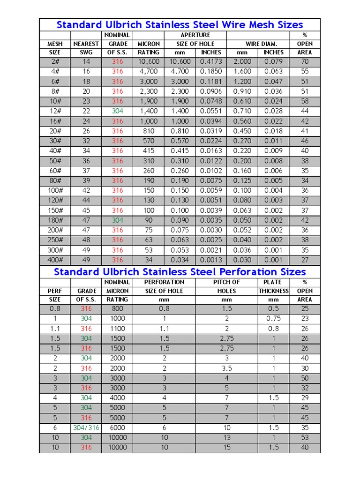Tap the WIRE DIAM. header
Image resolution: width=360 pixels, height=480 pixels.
[x=258, y=44]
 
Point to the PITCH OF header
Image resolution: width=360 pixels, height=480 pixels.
[x=226, y=282]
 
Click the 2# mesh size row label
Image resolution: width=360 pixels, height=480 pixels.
[x=55, y=61]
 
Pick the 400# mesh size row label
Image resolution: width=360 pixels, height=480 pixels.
[x=55, y=260]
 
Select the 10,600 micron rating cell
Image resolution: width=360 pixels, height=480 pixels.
[x=149, y=61]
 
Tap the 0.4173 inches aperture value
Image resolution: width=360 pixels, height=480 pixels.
[x=211, y=61]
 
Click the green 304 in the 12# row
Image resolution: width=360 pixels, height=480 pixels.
[x=118, y=111]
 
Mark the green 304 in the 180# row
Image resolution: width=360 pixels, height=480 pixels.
[x=118, y=220]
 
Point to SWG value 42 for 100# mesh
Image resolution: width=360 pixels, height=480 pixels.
[x=86, y=191]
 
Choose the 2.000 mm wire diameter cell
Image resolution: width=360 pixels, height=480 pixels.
[x=242, y=61]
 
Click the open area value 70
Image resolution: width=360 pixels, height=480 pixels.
[x=305, y=61]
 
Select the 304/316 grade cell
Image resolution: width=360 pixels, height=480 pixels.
[x=86, y=427]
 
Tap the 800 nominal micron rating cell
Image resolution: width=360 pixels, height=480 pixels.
[x=117, y=309]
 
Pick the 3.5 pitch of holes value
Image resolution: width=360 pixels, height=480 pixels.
[x=226, y=368]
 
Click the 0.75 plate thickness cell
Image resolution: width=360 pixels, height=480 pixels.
[x=273, y=319]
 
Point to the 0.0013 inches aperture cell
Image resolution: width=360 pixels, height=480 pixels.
[x=211, y=260]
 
